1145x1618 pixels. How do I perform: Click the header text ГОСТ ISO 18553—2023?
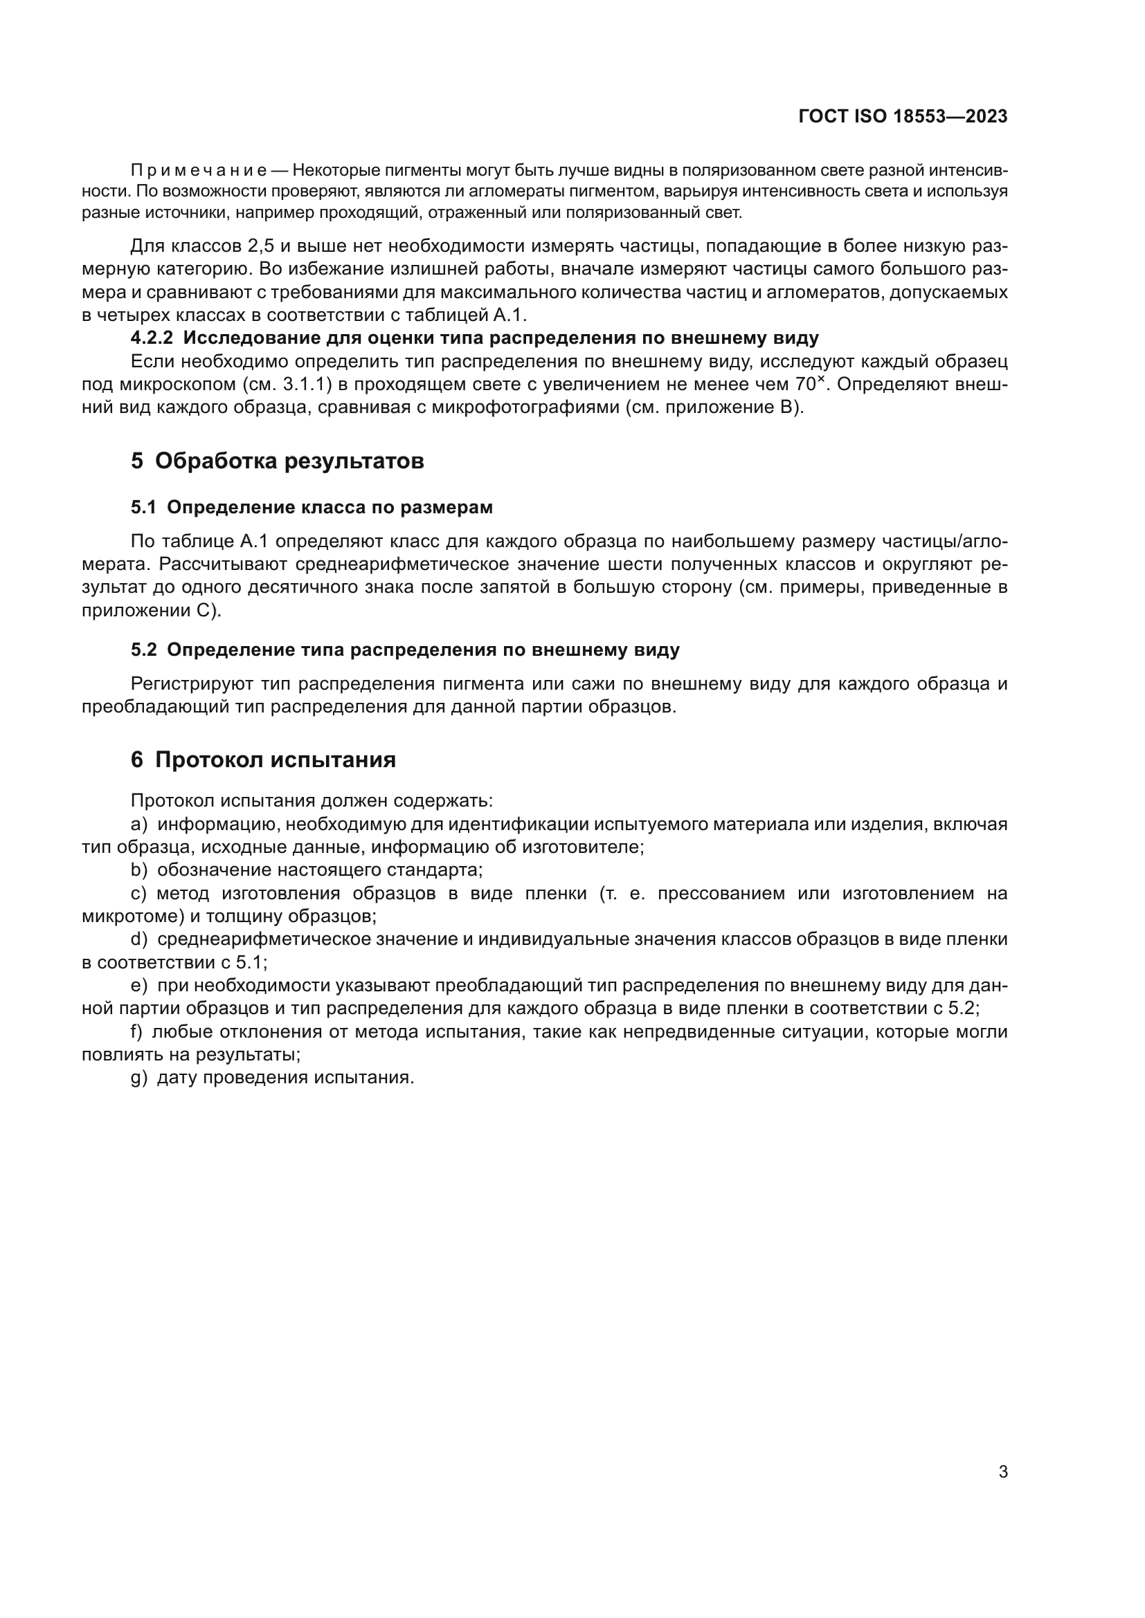point(903,116)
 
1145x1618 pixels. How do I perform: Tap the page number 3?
point(1003,1472)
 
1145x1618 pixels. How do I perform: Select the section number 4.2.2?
point(152,338)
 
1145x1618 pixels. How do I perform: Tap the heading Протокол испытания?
point(275,760)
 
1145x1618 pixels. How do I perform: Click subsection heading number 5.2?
point(143,650)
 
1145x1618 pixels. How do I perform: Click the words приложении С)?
point(151,611)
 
